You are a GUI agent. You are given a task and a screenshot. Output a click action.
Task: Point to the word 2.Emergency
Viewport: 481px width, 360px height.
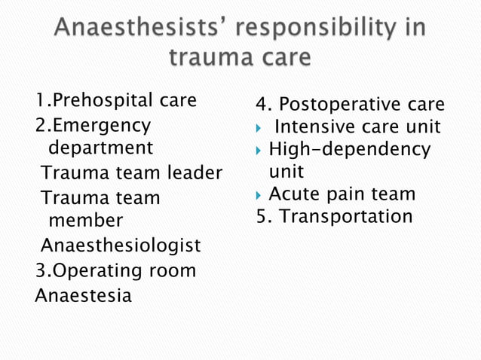tap(93, 124)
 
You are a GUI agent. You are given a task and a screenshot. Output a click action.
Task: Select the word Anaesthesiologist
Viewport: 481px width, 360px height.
tap(121, 246)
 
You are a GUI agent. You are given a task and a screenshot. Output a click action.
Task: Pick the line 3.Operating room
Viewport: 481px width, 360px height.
tap(115, 270)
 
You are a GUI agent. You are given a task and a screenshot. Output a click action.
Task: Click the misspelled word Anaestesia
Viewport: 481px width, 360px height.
tap(83, 294)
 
